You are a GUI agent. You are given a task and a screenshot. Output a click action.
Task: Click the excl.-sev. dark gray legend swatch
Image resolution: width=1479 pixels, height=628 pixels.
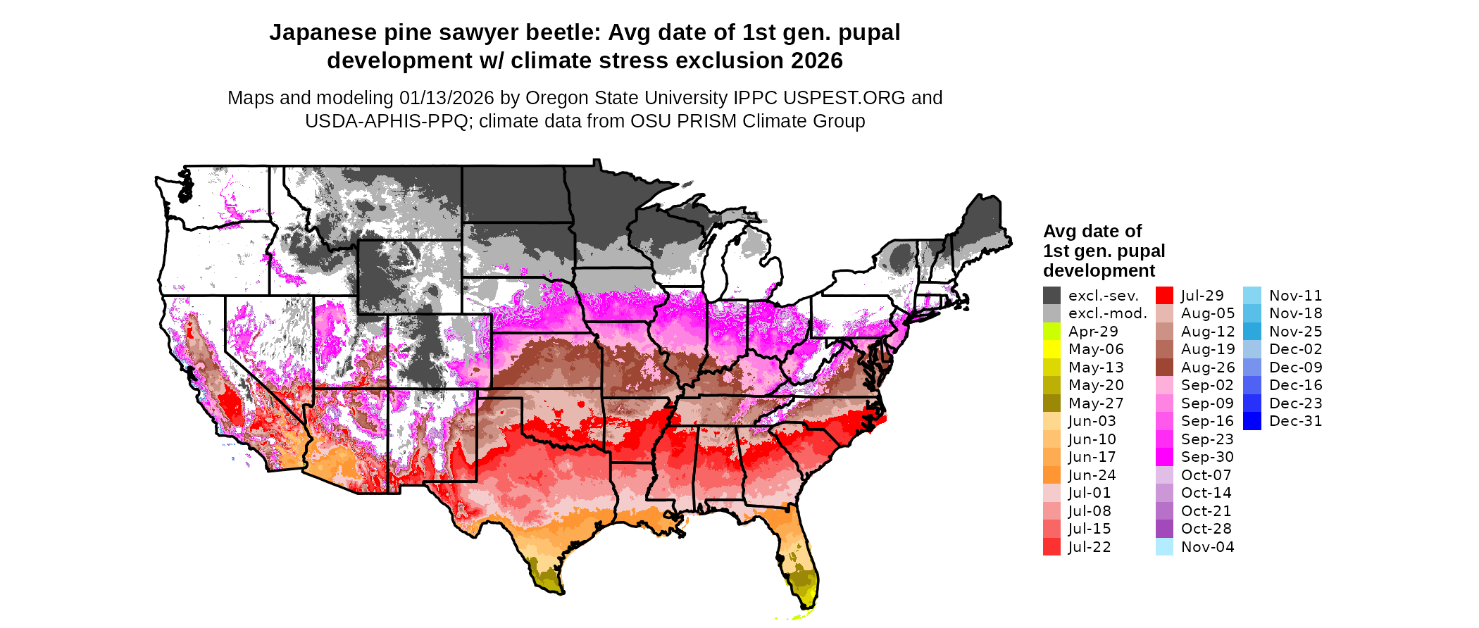point(1051,296)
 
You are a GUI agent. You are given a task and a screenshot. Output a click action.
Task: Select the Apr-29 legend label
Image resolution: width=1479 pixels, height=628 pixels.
point(1093,332)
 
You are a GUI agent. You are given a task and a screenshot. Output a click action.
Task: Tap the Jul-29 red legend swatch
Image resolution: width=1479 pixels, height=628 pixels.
point(1164,296)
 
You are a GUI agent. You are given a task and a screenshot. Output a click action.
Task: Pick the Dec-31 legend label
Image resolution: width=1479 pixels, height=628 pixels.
point(1295,421)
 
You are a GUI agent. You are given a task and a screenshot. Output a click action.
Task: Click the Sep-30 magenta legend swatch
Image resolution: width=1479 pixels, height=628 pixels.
point(1164,457)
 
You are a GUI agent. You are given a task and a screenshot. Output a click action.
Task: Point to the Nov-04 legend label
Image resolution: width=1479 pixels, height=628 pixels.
point(1207,547)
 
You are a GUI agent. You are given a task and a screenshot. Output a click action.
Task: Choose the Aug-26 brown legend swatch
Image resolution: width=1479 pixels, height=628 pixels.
point(1164,368)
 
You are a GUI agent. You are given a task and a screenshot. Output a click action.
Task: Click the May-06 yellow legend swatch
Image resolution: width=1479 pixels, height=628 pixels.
point(1051,349)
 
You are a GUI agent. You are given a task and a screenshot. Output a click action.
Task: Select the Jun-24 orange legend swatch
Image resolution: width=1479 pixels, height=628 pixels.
point(1051,475)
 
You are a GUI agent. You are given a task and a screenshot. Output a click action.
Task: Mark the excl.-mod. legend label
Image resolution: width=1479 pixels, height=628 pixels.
point(1107,313)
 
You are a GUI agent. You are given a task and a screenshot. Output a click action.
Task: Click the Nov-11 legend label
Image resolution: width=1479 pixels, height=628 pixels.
point(1295,296)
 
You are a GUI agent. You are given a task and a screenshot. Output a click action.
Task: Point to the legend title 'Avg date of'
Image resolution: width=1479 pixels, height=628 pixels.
point(1092,231)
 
